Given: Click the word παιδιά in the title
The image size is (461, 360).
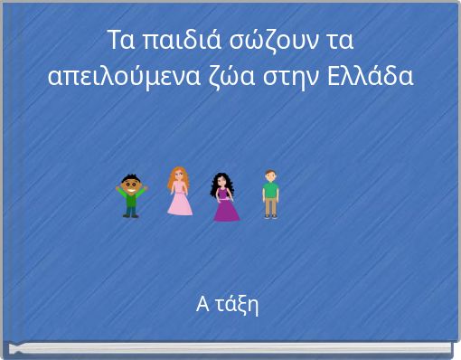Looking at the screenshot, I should coord(173,43).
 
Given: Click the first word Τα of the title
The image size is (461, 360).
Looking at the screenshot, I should coord(119,43).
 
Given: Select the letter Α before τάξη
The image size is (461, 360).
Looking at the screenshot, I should coord(202,304).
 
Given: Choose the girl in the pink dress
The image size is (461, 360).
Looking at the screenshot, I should coord(179,192).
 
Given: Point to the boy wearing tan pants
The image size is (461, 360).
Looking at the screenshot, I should coord(269,194).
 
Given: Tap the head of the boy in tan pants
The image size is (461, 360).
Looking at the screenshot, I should coord(269,175).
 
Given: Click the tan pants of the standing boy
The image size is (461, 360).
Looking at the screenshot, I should coord(269,207).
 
